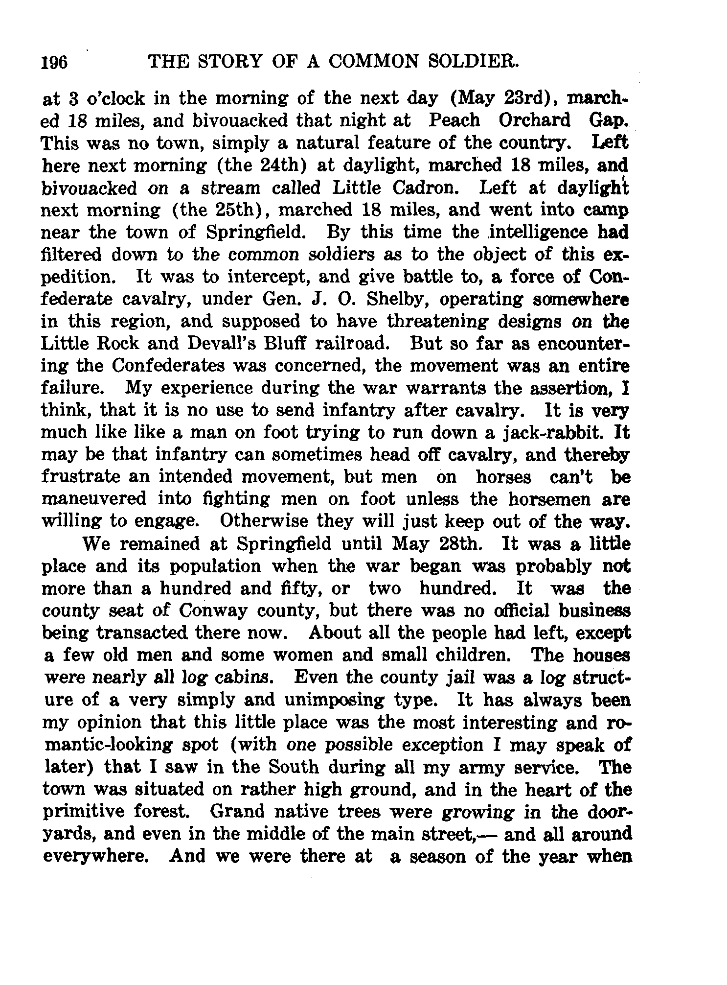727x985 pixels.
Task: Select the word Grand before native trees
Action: (x=238, y=812)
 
